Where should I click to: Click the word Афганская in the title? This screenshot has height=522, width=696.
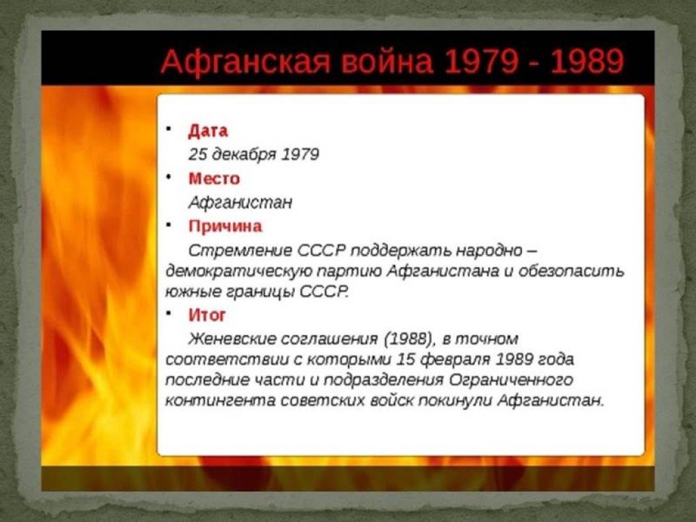click(245, 61)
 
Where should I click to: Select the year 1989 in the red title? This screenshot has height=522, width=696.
click(587, 61)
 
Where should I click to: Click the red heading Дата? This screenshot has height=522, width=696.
click(208, 131)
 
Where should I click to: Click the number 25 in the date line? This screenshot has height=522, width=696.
click(197, 154)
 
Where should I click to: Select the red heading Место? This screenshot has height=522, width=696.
click(214, 179)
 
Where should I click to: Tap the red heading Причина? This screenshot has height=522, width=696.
click(225, 226)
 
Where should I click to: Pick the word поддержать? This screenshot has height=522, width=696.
click(401, 251)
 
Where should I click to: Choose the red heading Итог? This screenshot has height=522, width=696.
click(207, 315)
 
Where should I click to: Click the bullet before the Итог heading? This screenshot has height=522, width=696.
click(169, 313)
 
